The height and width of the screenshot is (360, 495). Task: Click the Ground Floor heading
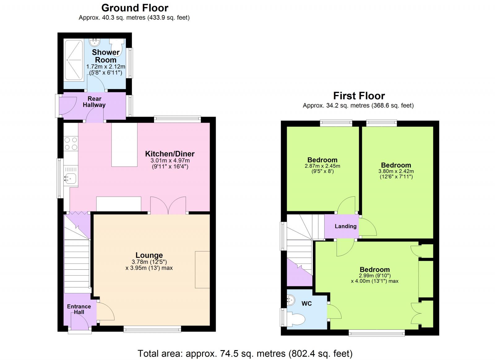click(x=135, y=8)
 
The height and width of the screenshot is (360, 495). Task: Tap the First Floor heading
click(x=359, y=96)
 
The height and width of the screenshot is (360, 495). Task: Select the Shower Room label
click(x=105, y=56)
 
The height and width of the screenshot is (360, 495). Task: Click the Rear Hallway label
click(x=94, y=102)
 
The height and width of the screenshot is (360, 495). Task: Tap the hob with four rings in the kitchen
click(x=71, y=144)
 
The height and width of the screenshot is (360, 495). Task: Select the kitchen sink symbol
click(x=71, y=178)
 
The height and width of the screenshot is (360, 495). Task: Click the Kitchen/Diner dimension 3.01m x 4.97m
click(x=170, y=161)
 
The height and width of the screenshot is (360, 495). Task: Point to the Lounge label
click(x=149, y=255)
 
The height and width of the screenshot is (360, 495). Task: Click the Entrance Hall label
click(x=79, y=309)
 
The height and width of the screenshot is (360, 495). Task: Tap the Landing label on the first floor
click(x=345, y=226)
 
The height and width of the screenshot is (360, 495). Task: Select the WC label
click(x=307, y=303)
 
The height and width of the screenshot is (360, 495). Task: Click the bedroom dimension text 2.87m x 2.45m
click(x=322, y=166)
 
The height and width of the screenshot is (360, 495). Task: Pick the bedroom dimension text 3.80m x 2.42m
click(x=396, y=171)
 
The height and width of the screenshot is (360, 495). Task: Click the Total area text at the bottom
click(x=245, y=353)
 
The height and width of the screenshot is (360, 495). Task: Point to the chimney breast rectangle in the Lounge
click(x=202, y=269)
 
